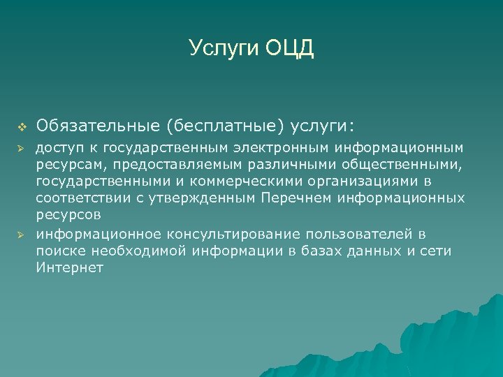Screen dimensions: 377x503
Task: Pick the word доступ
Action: tap(58, 147)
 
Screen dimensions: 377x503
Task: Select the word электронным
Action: tap(283, 147)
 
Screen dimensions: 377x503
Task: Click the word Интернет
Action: tap(69, 267)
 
